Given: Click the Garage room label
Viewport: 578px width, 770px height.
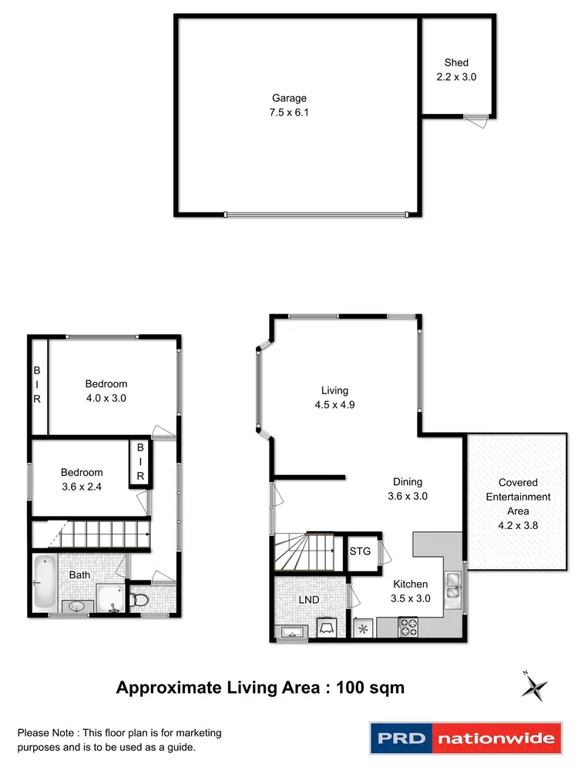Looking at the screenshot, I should tap(289, 98).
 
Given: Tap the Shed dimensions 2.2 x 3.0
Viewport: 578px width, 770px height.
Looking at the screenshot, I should tap(456, 76).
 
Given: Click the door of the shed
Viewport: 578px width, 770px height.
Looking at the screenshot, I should tap(477, 117).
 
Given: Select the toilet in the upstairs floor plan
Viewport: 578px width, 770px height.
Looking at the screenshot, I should tap(139, 599).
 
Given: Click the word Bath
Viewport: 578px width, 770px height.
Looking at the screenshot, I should tap(80, 575).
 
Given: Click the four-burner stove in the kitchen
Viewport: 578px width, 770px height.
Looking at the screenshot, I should tap(407, 628).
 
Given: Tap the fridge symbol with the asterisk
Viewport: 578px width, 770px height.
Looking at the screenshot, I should tap(362, 629).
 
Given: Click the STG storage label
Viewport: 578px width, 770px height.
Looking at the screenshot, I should tap(360, 551).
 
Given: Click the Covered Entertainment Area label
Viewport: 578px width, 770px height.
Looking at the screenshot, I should tap(507, 497).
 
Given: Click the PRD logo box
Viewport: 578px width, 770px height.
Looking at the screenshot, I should tap(401, 739).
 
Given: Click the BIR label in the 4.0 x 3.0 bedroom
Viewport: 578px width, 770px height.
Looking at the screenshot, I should tap(37, 384).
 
